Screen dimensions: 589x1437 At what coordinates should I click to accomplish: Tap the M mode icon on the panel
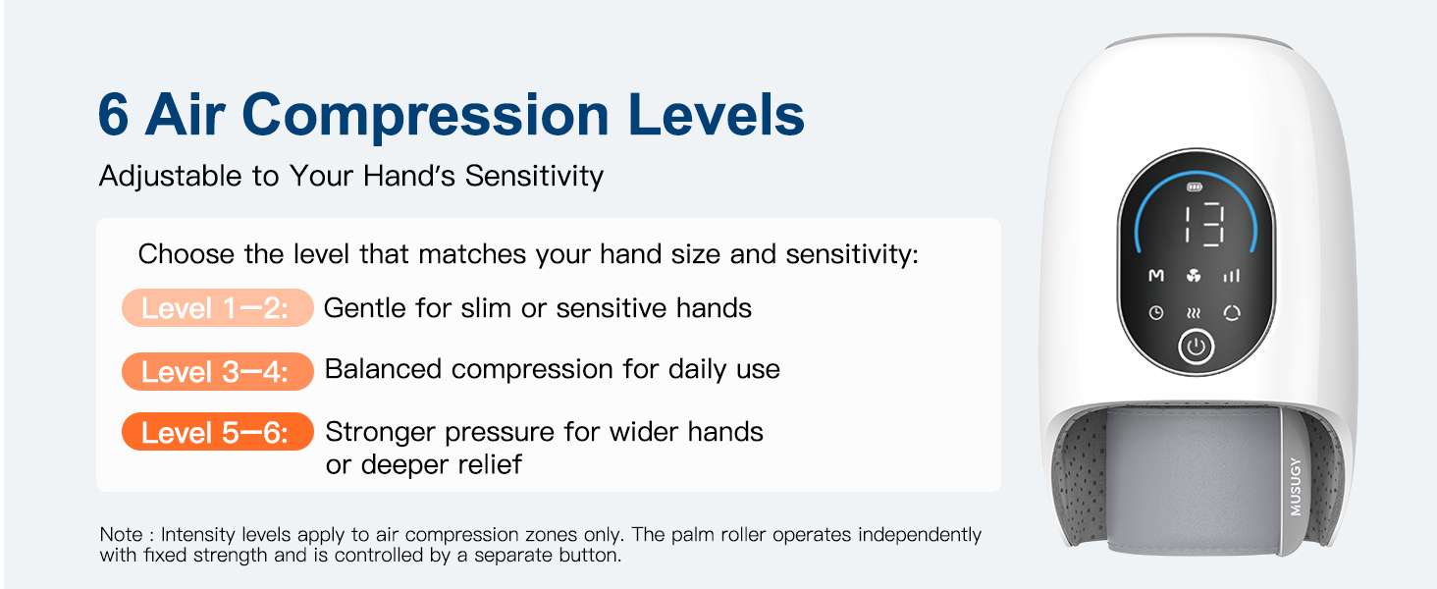pyautogui.click(x=1156, y=277)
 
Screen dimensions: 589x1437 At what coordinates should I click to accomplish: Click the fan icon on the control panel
pyautogui.click(x=1195, y=277)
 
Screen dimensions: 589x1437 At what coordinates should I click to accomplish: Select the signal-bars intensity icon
pyautogui.click(x=1232, y=277)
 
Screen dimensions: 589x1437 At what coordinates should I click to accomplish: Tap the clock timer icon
pyautogui.click(x=1156, y=313)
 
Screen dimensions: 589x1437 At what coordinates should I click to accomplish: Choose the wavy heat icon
pyautogui.click(x=1195, y=313)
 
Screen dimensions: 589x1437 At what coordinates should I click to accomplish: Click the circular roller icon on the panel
pyautogui.click(x=1232, y=313)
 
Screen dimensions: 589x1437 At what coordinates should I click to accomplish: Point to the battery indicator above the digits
pyautogui.click(x=1195, y=187)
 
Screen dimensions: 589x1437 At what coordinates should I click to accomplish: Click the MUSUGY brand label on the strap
pyautogui.click(x=1296, y=486)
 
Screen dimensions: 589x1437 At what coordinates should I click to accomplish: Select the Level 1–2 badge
pyautogui.click(x=217, y=308)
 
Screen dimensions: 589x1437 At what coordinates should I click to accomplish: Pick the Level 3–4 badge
pyautogui.click(x=217, y=371)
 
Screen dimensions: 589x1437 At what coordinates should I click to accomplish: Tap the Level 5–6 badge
pyautogui.click(x=217, y=433)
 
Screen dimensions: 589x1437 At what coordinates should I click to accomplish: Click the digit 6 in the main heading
pyautogui.click(x=114, y=116)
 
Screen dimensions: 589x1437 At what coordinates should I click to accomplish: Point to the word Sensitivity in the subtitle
pyautogui.click(x=534, y=177)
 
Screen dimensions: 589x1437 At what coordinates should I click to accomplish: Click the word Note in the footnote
pyautogui.click(x=121, y=535)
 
